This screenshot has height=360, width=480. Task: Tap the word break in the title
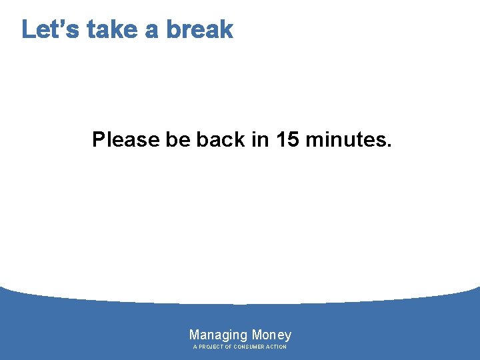tap(199, 29)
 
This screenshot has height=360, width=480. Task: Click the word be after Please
tap(178, 140)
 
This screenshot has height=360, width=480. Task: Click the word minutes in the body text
tap(345, 140)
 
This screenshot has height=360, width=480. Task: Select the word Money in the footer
tap(271, 335)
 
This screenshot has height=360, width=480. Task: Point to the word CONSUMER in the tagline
tap(249, 347)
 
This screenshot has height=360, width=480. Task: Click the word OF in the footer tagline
tap(228, 347)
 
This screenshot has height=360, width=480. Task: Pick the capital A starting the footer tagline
tap(195, 347)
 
